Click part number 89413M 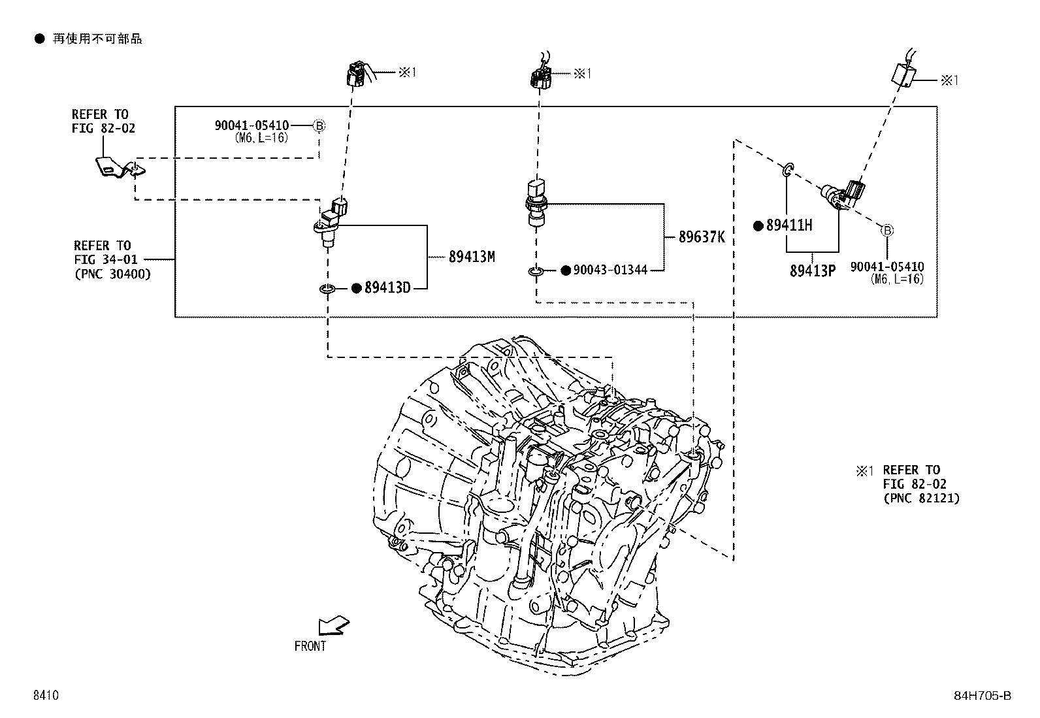click(x=471, y=257)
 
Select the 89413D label click(x=387, y=288)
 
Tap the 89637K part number click(x=701, y=237)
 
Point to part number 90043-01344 click(x=609, y=270)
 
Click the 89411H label click(x=789, y=226)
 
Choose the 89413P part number click(x=812, y=270)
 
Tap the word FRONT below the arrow click(x=310, y=646)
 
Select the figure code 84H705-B click(x=986, y=696)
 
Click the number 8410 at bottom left click(x=46, y=696)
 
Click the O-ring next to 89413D click(x=327, y=288)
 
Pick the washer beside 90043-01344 click(x=536, y=270)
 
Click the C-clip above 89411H click(x=788, y=171)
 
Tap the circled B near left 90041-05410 click(x=319, y=125)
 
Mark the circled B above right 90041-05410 click(x=886, y=230)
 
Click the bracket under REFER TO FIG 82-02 click(x=116, y=167)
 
